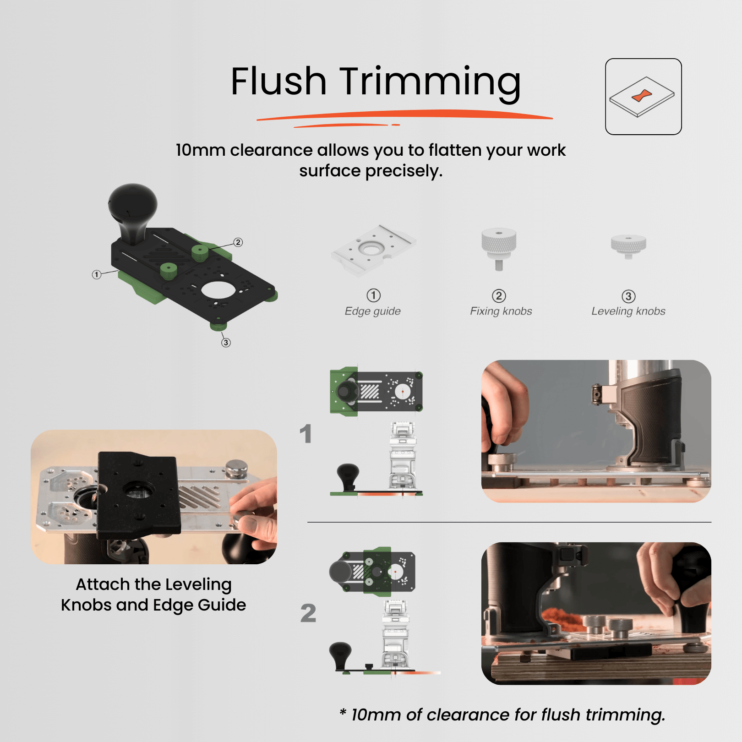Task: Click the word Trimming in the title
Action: [x=430, y=82]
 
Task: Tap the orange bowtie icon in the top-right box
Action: [x=642, y=96]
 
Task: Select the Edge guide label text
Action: [x=372, y=311]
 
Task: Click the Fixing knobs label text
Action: [x=501, y=311]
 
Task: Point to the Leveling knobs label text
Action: [x=628, y=311]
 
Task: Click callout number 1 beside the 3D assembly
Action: [x=96, y=274]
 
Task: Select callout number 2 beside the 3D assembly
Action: [x=238, y=242]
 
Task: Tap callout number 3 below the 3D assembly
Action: [x=226, y=343]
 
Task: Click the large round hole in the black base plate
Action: [x=218, y=289]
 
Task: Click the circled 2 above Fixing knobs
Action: [x=499, y=296]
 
